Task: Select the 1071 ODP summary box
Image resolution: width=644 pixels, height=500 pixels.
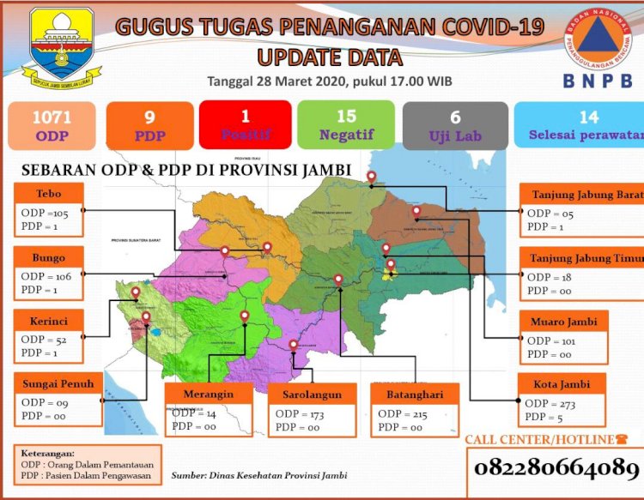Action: pyautogui.click(x=52, y=125)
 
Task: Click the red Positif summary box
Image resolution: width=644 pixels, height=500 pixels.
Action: pyautogui.click(x=244, y=125)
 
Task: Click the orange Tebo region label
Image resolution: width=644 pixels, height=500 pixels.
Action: pyautogui.click(x=49, y=193)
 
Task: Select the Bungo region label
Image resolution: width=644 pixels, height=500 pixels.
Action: pyautogui.click(x=49, y=257)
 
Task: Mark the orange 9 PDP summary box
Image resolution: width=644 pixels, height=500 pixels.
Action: pyautogui.click(x=149, y=125)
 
